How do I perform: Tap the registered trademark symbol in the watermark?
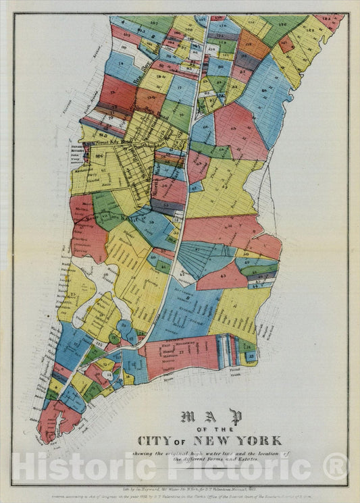point(334,467)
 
